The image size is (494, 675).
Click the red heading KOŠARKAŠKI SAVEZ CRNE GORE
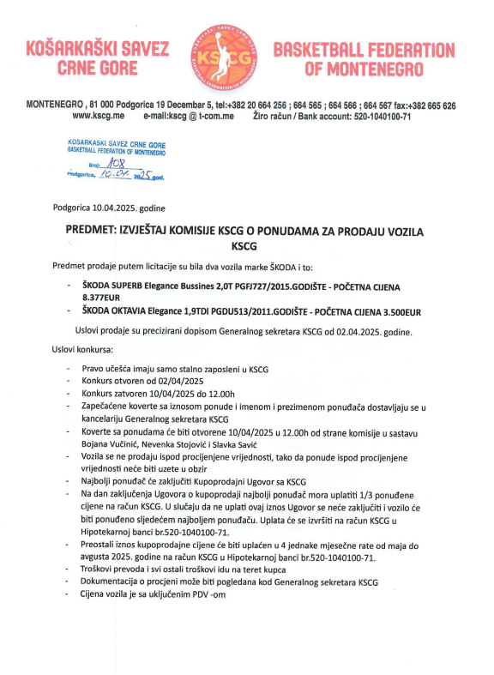(99, 57)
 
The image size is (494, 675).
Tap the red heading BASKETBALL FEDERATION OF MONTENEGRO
(364, 57)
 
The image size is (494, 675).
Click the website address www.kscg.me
(99, 116)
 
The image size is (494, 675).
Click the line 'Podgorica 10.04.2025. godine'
(109, 208)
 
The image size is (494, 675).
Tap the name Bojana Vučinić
(109, 447)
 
